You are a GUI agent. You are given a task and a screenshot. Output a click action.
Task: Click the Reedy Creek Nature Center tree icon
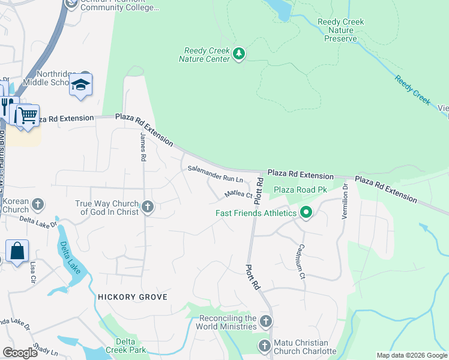click(x=240, y=55)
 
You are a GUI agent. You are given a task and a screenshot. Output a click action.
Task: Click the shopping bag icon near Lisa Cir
click(x=17, y=251)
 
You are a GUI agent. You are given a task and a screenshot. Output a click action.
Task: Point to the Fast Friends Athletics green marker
click(x=306, y=212)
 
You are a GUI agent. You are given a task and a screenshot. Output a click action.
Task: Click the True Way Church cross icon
click(x=148, y=208)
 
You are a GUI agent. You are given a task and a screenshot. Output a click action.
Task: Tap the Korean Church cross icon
click(x=38, y=205)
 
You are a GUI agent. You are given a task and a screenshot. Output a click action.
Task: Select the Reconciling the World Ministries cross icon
click(x=266, y=322)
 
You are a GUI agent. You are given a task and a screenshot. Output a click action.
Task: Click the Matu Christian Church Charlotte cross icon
click(x=265, y=346)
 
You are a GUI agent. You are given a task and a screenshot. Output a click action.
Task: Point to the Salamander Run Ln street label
click(x=215, y=175)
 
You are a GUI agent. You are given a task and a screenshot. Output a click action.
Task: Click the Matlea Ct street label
click(x=238, y=194)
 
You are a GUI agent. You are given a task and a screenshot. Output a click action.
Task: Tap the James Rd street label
click(x=143, y=148)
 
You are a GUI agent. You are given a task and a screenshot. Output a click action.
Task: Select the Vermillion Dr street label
click(x=345, y=202)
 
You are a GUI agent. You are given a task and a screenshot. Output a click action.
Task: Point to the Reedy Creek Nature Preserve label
click(x=340, y=31)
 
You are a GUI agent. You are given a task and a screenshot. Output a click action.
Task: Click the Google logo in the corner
click(x=20, y=353)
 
